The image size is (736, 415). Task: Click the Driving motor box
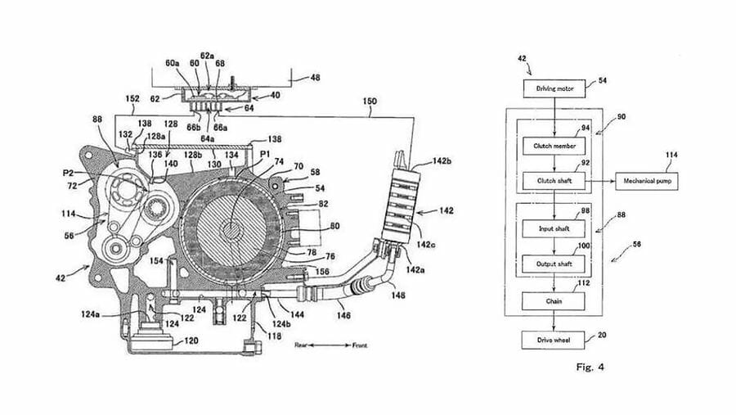pyautogui.click(x=555, y=88)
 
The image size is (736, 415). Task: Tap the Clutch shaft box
pyautogui.click(x=555, y=178)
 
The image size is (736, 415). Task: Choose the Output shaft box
pyautogui.click(x=555, y=264)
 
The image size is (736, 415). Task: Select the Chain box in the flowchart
pyautogui.click(x=555, y=301)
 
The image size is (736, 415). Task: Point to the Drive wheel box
pyautogui.click(x=555, y=339)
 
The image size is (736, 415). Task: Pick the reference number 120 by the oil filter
pyautogui.click(x=190, y=338)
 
